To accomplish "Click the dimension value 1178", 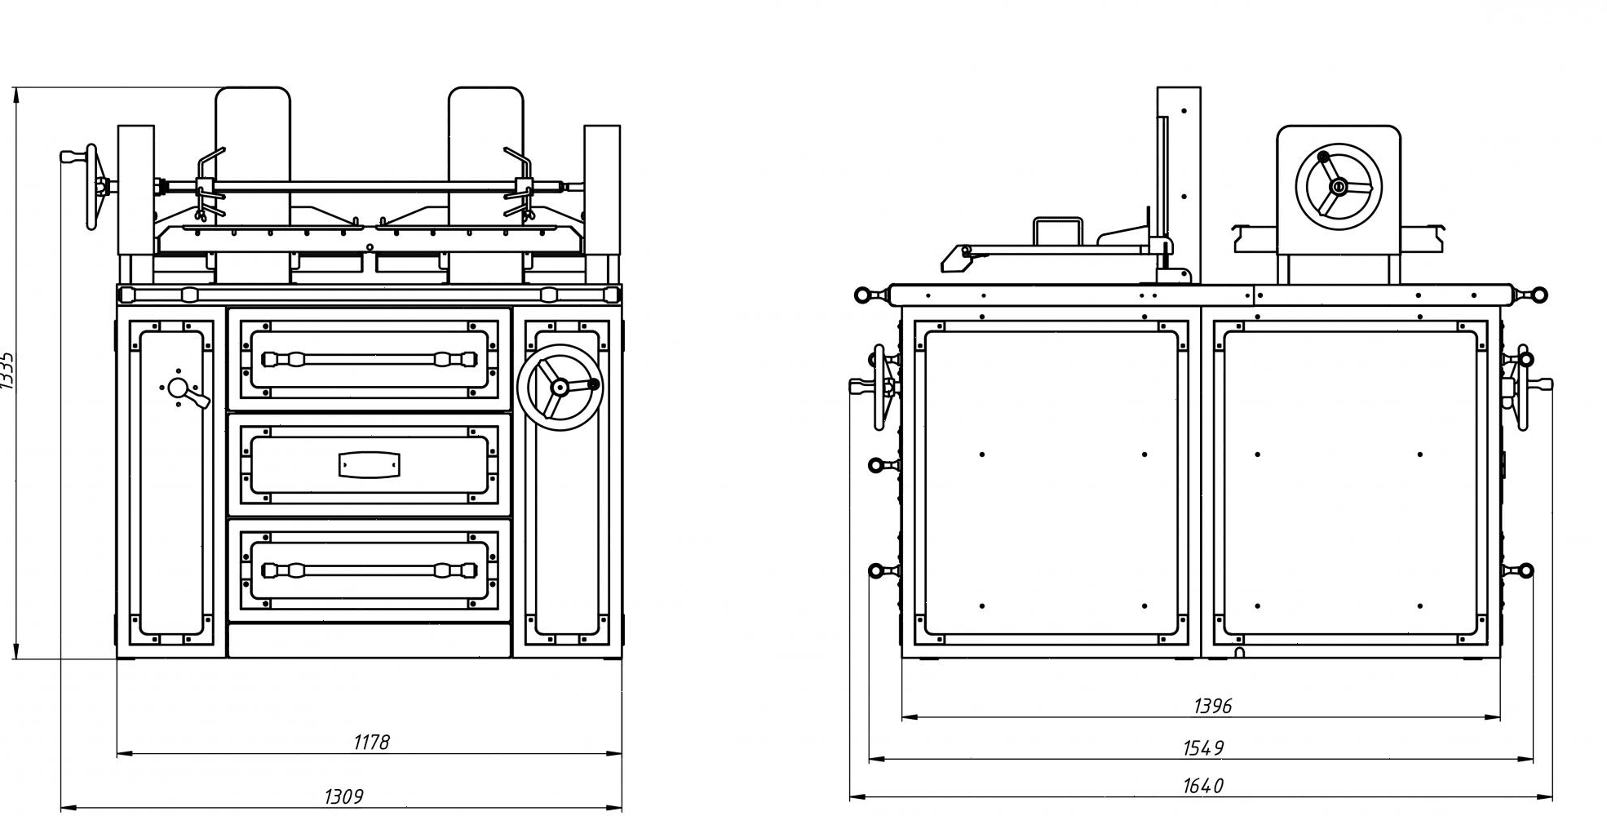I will (x=371, y=742).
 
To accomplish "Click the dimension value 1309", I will (x=343, y=796).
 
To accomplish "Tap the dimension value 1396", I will (x=1212, y=706).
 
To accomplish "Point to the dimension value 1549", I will (x=1203, y=747).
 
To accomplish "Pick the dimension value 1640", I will (x=1203, y=786).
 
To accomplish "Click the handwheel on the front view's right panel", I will (x=560, y=387).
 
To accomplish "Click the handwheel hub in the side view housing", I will (x=1338, y=187).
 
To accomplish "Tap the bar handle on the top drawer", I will (x=370, y=359).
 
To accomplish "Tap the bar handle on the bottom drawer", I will (x=370, y=570).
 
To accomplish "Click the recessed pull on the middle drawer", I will (x=370, y=464).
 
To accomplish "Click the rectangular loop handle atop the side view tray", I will (x=1057, y=230).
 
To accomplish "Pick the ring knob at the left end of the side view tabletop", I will (x=862, y=295).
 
